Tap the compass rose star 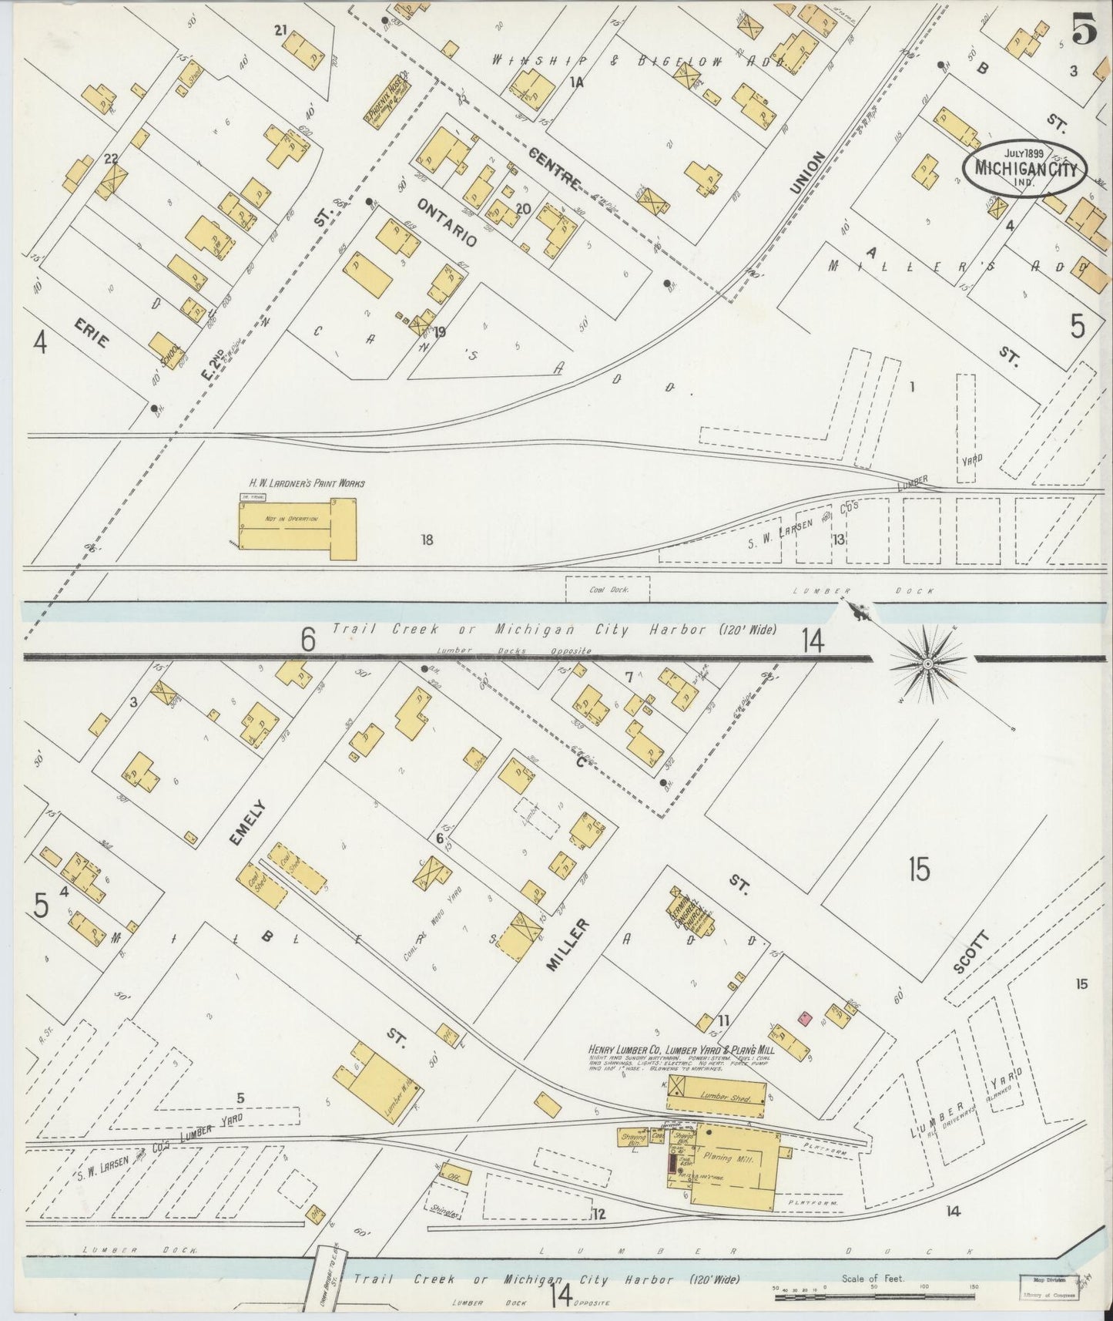point(928,663)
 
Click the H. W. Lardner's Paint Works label point(306,483)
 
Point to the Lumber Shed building point(724,1097)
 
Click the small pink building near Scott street point(805,1019)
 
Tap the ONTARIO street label point(447,222)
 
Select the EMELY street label point(249,823)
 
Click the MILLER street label point(570,944)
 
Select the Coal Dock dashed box point(608,589)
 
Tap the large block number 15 point(918,869)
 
